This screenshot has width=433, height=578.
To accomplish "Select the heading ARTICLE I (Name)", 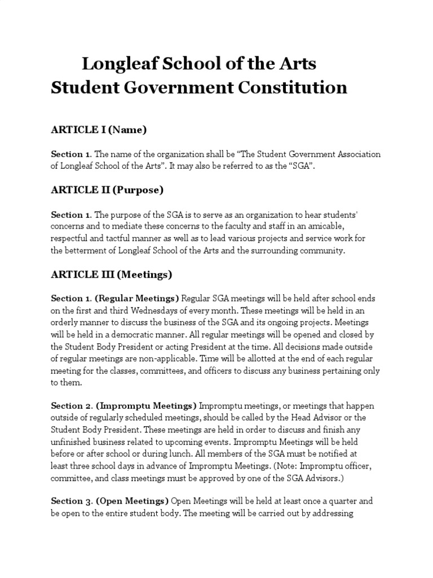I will [99, 130].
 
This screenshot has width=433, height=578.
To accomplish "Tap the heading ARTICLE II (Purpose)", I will [107, 190].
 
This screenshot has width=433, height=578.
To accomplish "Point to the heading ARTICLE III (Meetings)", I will [111, 274].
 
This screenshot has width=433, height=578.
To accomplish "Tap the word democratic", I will [157, 334].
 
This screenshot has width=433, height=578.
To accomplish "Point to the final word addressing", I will [332, 514].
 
